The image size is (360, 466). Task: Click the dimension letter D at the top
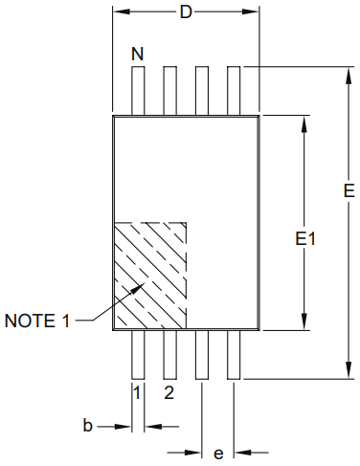coord(186,12)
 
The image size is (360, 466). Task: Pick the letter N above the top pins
coord(138,55)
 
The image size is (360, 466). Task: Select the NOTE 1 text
coord(37,321)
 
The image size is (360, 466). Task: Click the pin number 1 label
coord(137,392)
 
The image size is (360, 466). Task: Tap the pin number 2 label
coord(169,392)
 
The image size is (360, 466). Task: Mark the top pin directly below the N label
coord(138,91)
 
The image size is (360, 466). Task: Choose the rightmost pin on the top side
coord(234,91)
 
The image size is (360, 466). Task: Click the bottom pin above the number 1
coord(138,354)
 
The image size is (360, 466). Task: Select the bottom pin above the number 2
coord(169,354)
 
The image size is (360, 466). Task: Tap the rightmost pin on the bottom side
coord(234,354)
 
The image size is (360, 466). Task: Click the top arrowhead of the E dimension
coord(347,73)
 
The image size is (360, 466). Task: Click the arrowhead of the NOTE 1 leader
coord(139,286)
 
